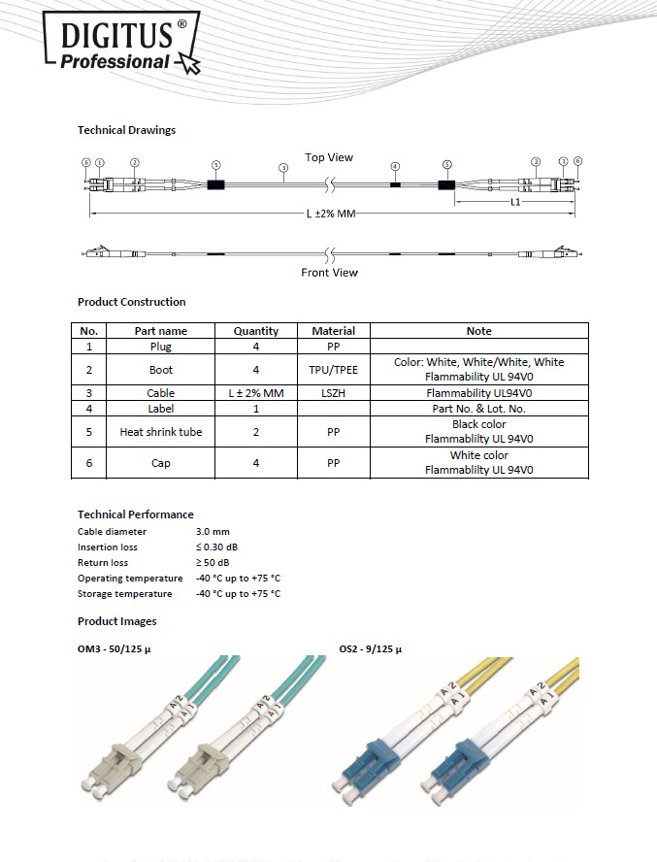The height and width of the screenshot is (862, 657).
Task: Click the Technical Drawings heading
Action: (x=126, y=130)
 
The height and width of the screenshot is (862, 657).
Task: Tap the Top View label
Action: (x=329, y=157)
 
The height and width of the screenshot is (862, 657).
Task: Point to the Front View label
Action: (x=329, y=273)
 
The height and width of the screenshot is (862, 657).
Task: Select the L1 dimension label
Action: (x=515, y=202)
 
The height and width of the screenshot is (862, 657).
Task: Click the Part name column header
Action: (x=161, y=331)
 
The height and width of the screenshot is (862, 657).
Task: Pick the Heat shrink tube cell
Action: (x=161, y=432)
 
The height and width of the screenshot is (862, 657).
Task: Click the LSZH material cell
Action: (x=333, y=393)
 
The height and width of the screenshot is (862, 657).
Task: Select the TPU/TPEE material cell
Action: (x=333, y=370)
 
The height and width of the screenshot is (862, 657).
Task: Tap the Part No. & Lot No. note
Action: (x=478, y=409)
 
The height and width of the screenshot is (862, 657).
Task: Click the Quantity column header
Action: (x=256, y=331)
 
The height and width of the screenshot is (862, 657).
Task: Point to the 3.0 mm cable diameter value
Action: (x=213, y=532)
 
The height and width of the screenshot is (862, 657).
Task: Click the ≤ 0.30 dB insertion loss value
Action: (x=217, y=547)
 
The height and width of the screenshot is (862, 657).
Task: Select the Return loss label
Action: (x=103, y=563)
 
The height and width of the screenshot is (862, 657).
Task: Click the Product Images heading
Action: (x=116, y=621)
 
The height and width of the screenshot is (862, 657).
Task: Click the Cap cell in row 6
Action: (x=161, y=463)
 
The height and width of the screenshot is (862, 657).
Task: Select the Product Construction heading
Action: (x=131, y=302)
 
